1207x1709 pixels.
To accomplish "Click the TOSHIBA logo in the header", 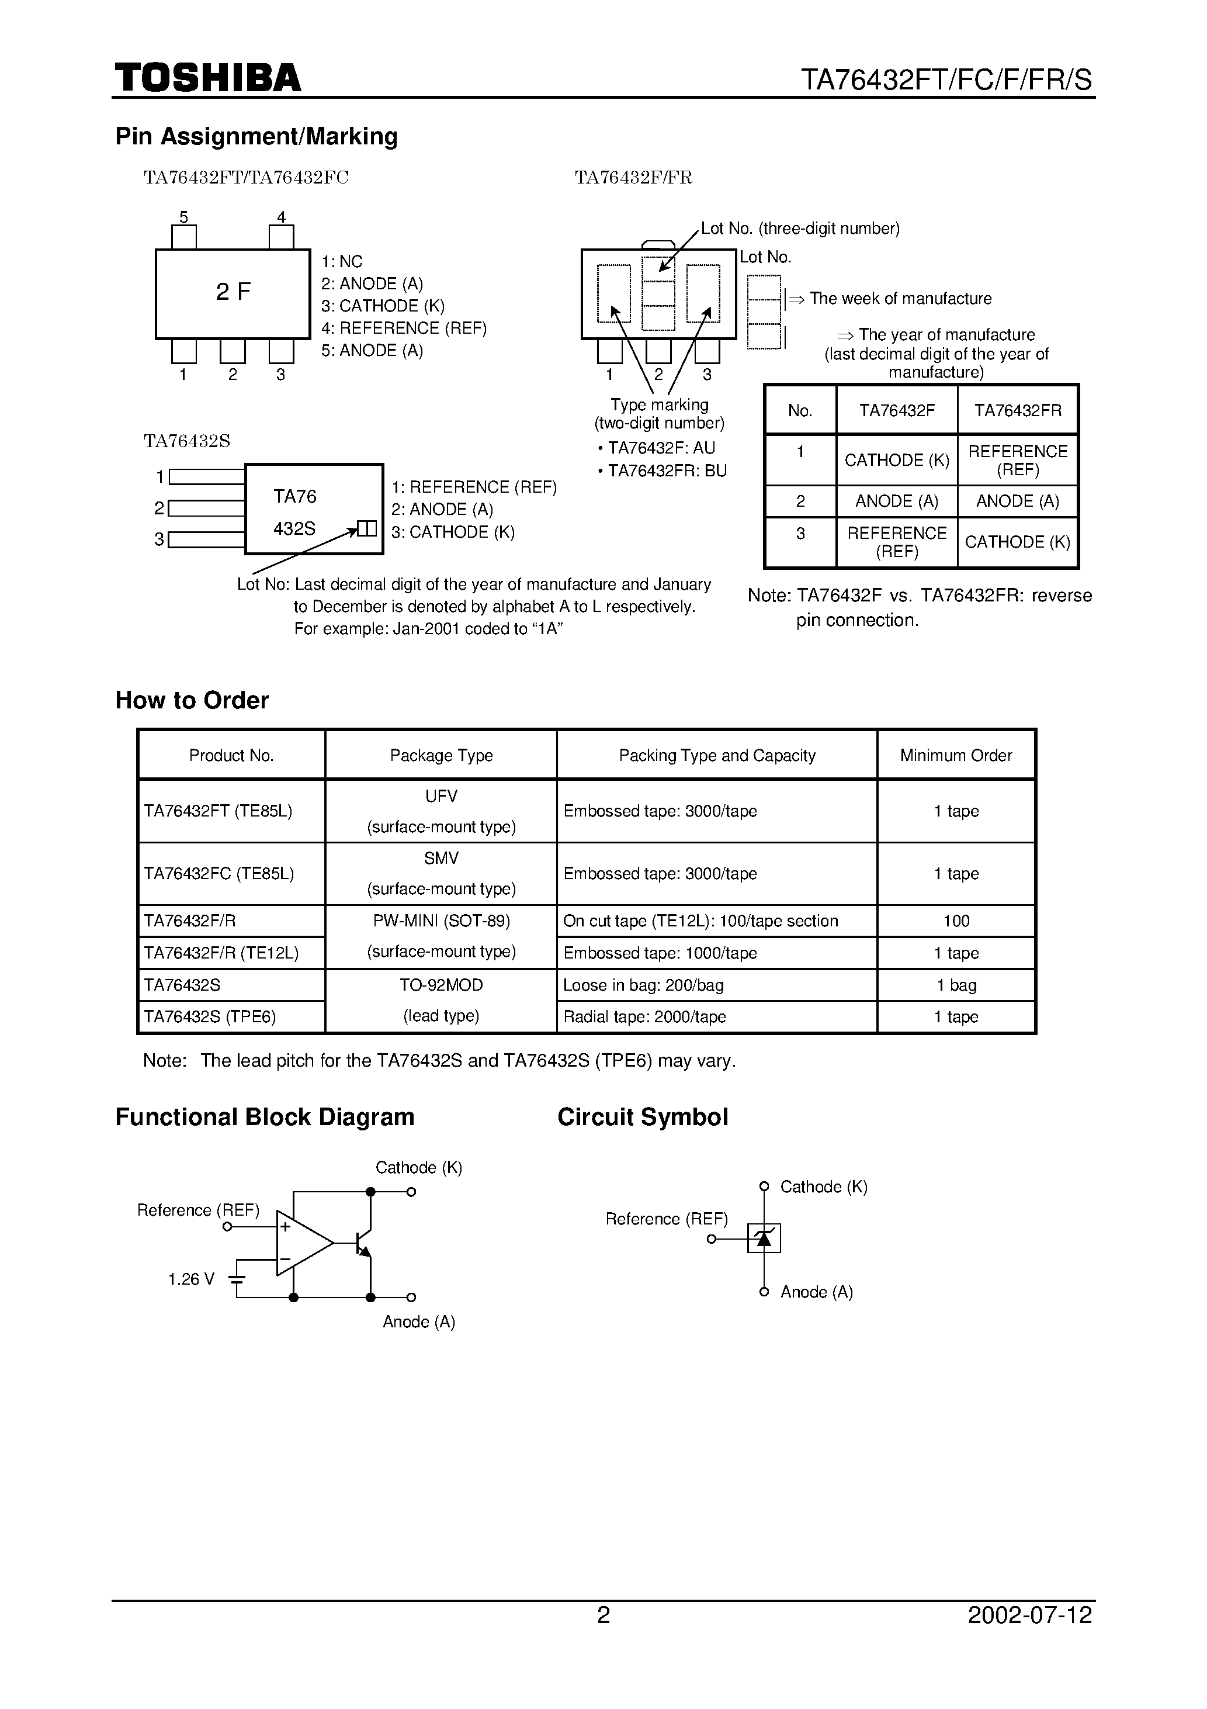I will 207,77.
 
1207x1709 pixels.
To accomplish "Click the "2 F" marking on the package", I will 233,292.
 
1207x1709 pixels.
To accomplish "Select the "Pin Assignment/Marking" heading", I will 256,136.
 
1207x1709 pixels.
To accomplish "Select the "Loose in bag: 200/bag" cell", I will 643,985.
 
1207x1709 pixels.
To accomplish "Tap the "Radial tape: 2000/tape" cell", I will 644,1017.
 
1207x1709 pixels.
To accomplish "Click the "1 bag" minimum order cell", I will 956,985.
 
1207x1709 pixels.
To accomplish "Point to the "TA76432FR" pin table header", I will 1017,410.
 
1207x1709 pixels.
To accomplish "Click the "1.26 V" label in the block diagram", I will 190,1279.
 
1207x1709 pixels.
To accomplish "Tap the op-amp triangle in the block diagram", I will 301,1243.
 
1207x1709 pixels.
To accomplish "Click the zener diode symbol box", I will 764,1238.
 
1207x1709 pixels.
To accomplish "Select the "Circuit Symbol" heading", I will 642,1118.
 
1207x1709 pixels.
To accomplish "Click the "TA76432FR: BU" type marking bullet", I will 663,471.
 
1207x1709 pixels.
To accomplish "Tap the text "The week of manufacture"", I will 900,299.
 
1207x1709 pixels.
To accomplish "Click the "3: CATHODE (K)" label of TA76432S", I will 453,532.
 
